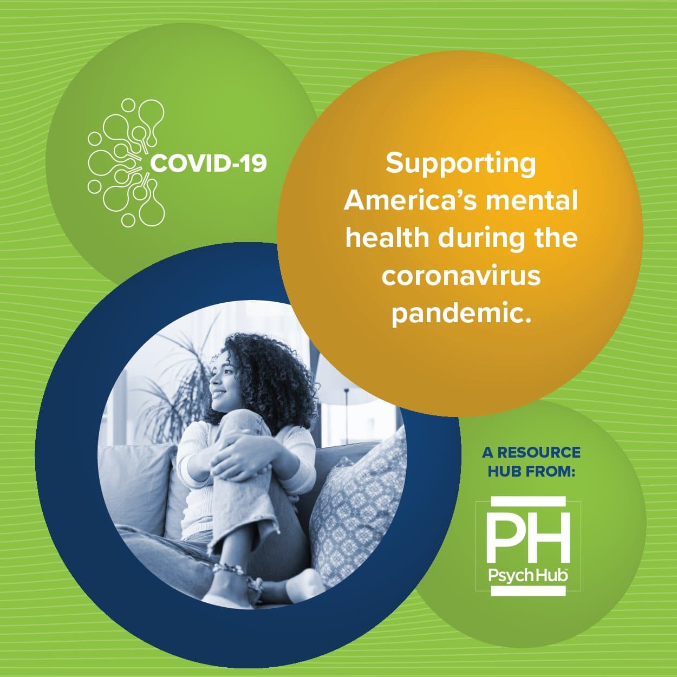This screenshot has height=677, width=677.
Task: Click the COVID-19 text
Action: point(209,163)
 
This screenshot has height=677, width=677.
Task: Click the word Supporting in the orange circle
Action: point(461,164)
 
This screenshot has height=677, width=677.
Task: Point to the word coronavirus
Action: point(461,276)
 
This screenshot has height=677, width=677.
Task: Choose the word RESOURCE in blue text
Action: point(539,452)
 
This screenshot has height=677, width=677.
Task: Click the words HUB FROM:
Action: point(531,471)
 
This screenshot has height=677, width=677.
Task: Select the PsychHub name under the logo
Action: point(528,575)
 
